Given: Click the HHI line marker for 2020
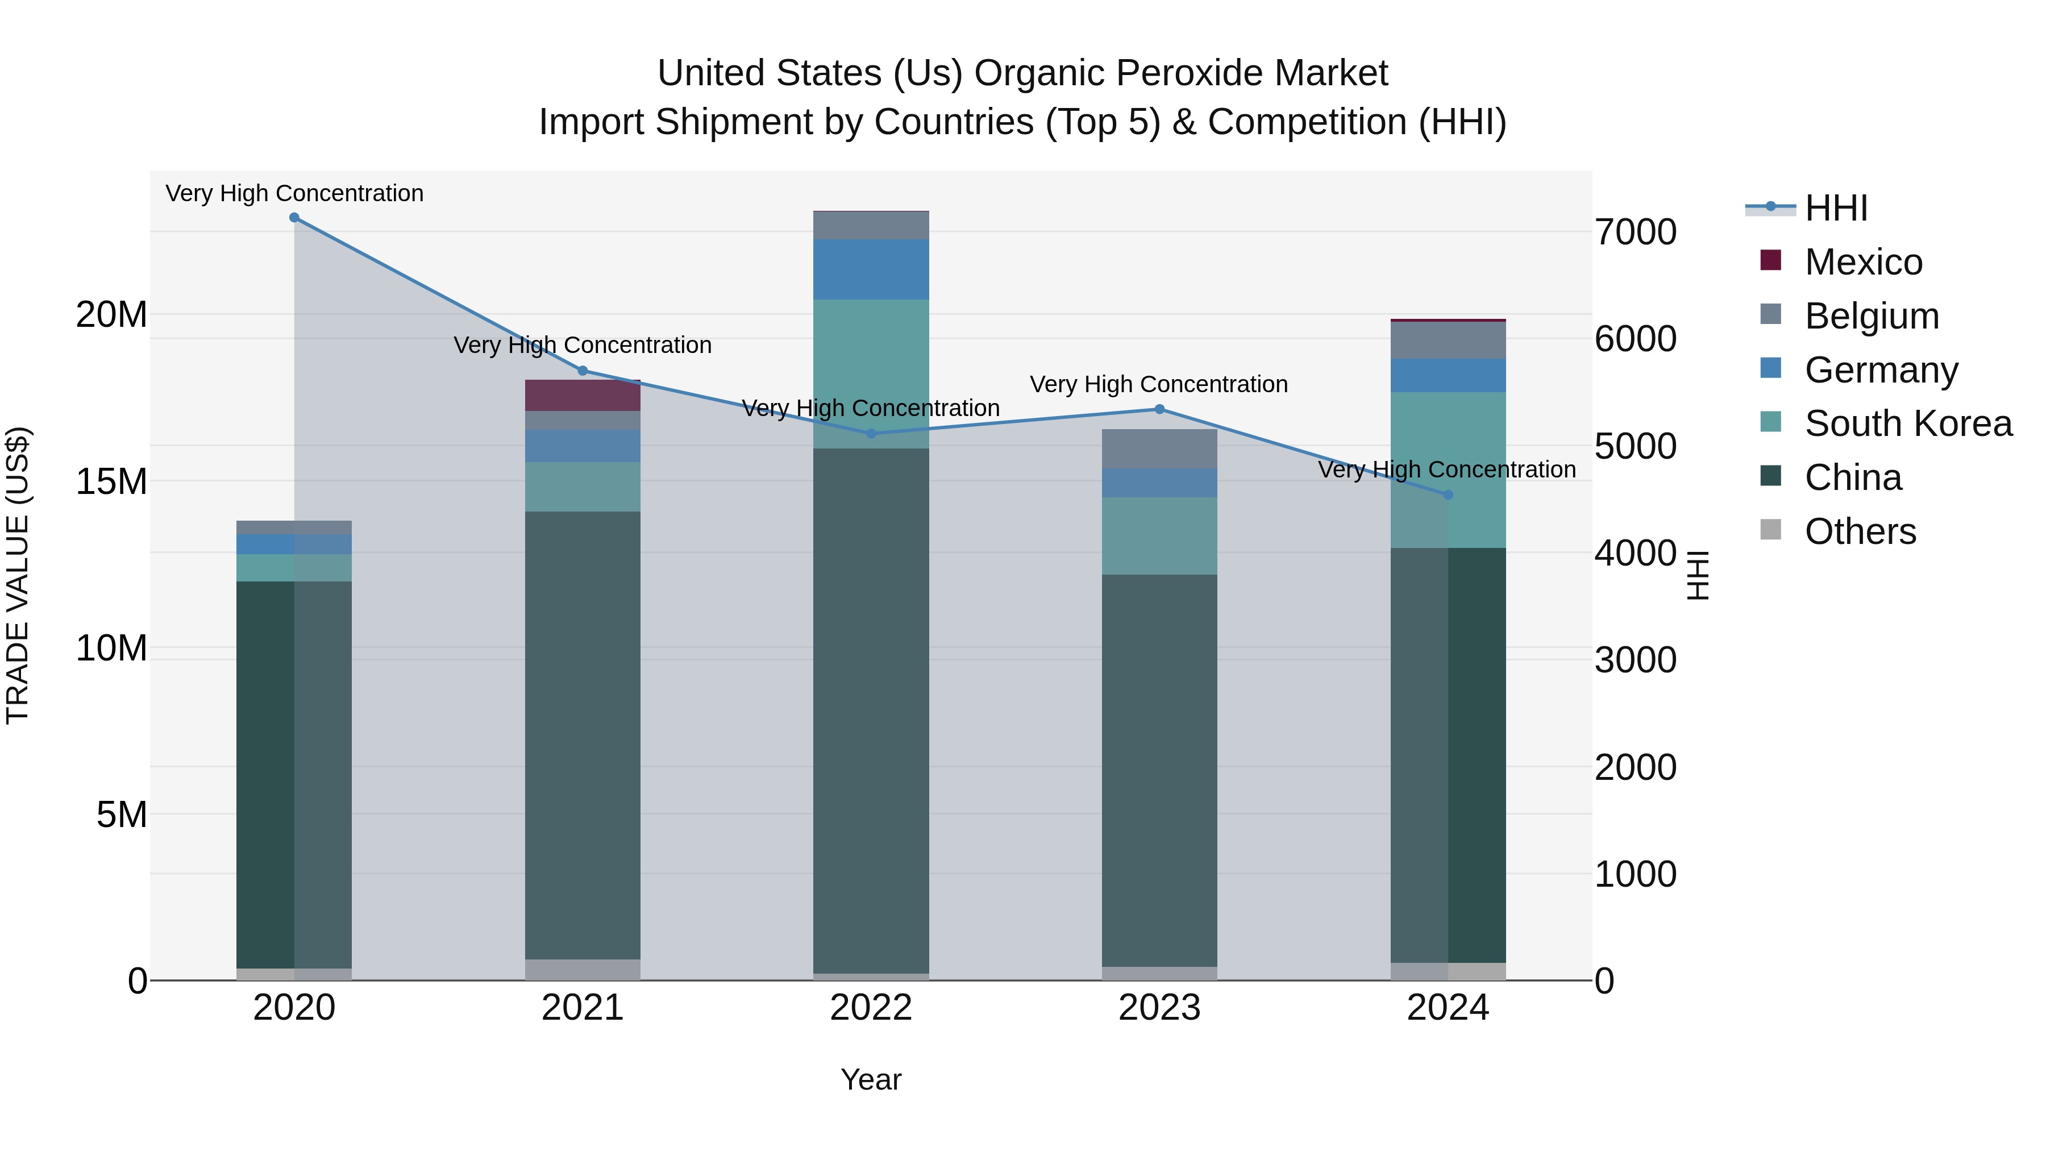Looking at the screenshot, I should (x=294, y=218).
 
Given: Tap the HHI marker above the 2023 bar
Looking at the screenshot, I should (x=1159, y=409).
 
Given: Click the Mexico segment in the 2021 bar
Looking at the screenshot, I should (x=582, y=395).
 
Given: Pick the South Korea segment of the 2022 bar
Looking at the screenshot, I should (x=871, y=373).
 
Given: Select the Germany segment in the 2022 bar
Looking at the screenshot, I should (x=871, y=269).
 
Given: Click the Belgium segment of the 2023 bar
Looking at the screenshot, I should (x=1159, y=449).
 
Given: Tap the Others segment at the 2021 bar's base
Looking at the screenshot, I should (x=582, y=969).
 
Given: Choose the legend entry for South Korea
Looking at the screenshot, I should (x=1908, y=423).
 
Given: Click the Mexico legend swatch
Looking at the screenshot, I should (x=1770, y=260).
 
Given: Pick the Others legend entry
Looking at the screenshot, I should (x=1860, y=531).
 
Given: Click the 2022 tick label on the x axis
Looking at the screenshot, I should (x=871, y=1008).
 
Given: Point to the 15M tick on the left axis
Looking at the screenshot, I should (x=111, y=481).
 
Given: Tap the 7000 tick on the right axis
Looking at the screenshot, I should (x=1635, y=232).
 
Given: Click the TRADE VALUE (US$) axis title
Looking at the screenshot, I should (x=18, y=575).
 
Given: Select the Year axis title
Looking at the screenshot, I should (x=871, y=1079).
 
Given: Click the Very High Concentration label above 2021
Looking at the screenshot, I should (x=582, y=345).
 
